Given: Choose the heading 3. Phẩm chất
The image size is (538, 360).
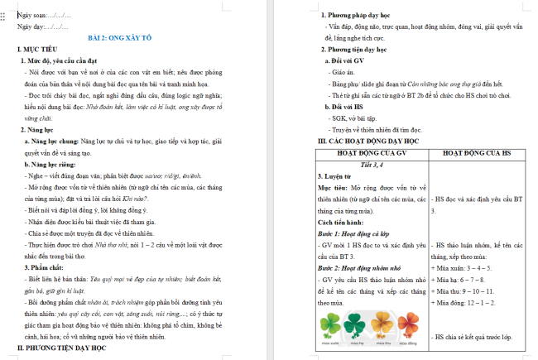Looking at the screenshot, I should (41, 269).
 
